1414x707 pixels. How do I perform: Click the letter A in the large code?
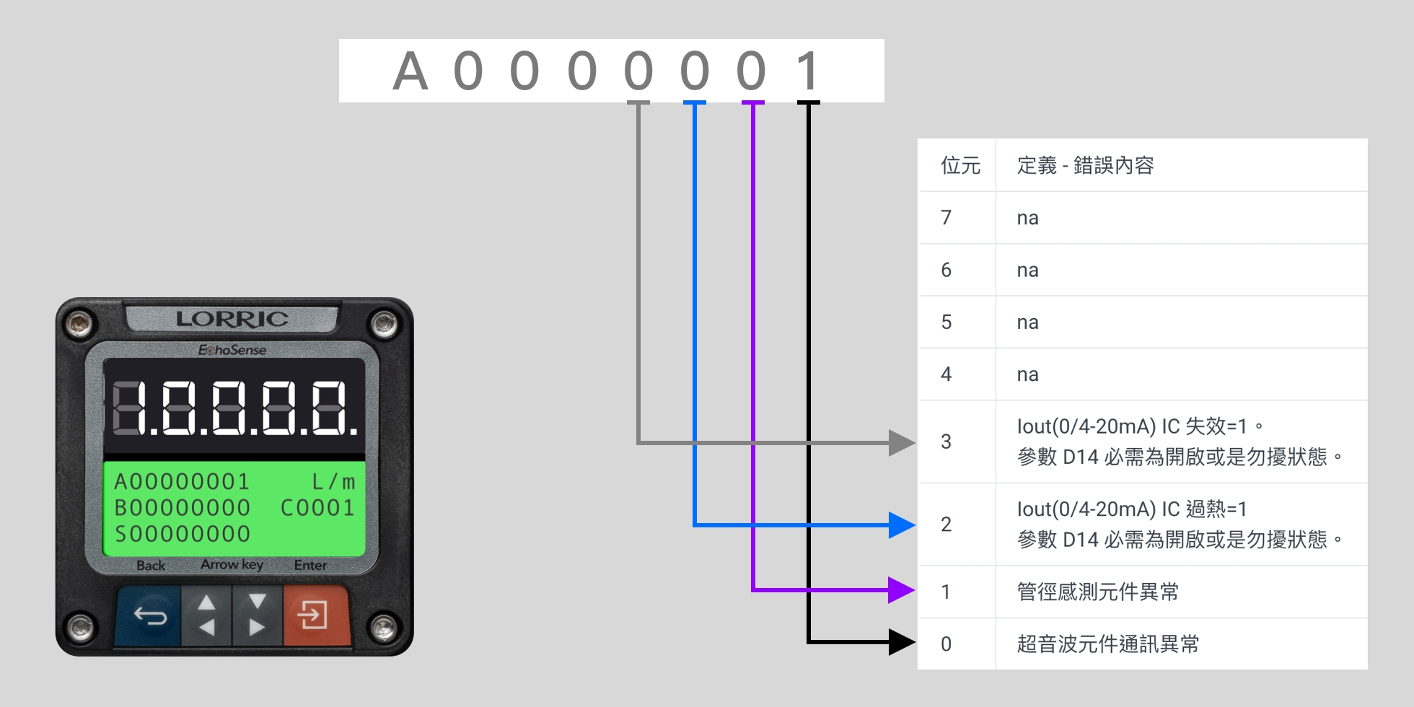410,71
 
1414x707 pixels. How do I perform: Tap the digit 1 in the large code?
807,71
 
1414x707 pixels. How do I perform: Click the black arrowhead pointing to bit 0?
901,642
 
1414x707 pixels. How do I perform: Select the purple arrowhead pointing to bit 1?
901,590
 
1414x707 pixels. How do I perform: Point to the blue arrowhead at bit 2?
901,525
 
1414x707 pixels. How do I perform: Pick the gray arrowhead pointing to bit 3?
901,442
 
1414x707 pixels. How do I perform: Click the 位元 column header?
960,166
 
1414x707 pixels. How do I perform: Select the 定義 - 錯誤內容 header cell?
1085,166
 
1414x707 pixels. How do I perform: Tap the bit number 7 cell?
947,218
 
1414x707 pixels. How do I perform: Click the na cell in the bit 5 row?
1027,322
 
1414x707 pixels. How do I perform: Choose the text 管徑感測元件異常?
1097,592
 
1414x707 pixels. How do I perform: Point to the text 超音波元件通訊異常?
1107,644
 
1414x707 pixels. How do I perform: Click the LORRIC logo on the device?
232,319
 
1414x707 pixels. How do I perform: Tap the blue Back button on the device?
150,616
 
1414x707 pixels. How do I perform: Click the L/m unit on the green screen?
333,481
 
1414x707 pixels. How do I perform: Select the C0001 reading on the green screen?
317,508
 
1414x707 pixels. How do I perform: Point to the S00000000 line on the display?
183,535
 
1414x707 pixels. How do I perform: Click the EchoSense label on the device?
232,350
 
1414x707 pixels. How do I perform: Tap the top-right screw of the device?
384,323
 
